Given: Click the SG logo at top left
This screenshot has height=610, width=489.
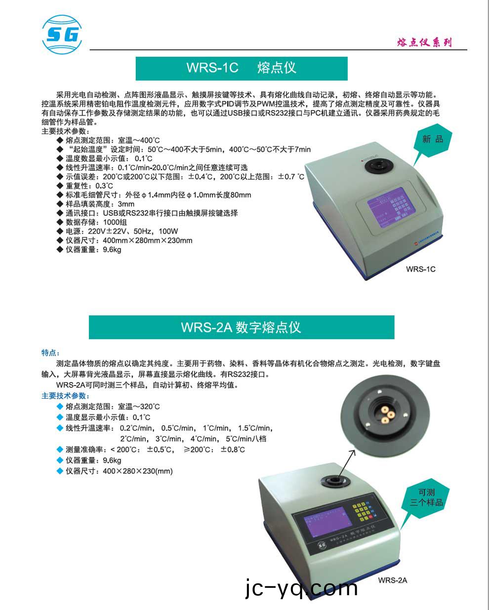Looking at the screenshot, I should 62,34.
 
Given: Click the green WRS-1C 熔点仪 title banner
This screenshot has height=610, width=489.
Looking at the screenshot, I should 242,68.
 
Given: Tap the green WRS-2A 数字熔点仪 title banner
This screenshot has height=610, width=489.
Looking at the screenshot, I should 241,327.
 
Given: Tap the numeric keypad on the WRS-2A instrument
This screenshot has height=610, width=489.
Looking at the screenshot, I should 365,513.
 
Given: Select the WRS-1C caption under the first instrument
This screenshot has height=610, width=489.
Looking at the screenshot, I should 420,269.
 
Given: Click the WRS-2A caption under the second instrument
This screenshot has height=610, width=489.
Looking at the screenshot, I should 393,580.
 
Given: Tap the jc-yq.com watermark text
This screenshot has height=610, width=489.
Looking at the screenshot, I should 301,588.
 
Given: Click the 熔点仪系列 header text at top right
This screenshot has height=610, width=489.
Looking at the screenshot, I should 424,42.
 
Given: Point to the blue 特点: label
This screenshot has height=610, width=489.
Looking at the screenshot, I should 50,352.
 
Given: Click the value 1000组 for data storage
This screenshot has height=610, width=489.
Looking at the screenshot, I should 115,222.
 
